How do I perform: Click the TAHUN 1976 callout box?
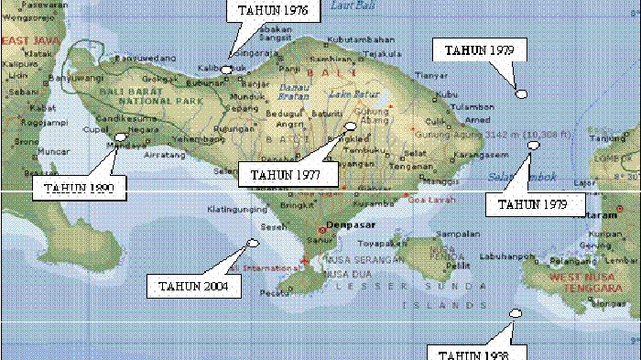(266, 11)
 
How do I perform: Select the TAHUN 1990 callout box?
(79, 189)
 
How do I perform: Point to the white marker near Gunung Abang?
(350, 127)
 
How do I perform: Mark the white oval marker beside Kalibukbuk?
(227, 70)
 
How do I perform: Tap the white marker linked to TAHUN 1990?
(119, 138)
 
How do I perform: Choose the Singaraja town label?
(253, 54)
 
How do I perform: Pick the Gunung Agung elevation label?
(465, 132)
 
